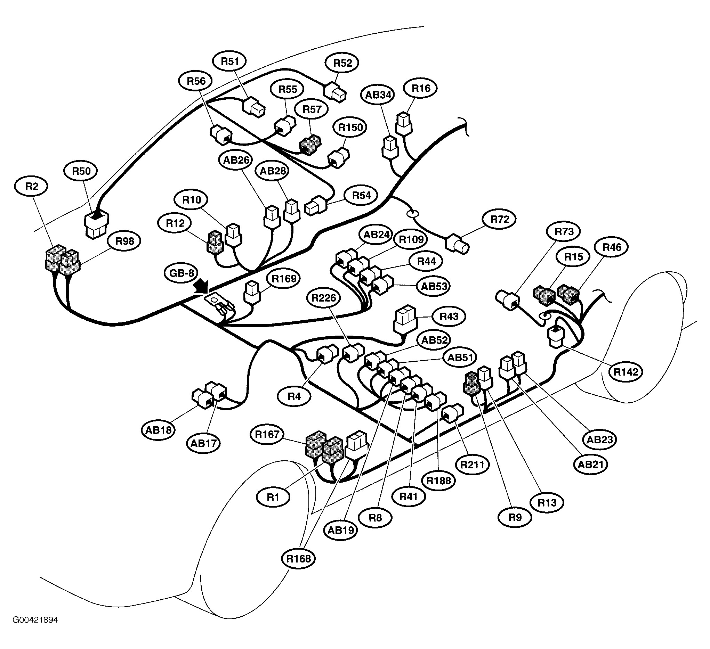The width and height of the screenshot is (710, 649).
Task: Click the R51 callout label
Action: [229, 61]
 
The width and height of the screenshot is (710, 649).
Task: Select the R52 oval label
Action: [342, 63]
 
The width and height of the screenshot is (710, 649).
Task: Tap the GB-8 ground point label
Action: [181, 273]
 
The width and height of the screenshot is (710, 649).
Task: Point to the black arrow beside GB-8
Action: [201, 286]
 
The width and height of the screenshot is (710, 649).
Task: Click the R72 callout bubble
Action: [499, 219]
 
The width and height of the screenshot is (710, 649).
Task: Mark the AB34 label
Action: [378, 95]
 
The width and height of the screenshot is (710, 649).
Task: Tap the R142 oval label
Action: [626, 372]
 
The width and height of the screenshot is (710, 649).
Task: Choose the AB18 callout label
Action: [159, 430]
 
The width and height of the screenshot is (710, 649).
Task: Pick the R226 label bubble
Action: [324, 298]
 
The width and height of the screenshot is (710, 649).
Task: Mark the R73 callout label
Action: [564, 232]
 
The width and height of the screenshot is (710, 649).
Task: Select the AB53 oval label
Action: [434, 287]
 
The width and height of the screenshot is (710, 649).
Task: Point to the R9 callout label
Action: [515, 517]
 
